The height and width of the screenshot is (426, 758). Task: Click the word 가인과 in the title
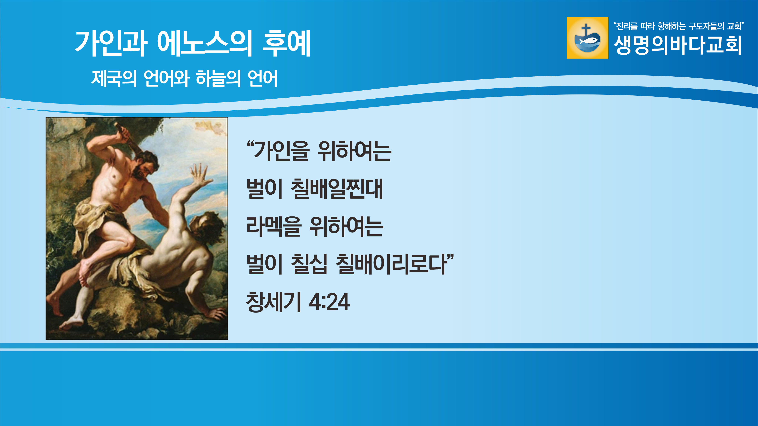111,43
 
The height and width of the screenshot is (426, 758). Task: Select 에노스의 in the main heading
205,43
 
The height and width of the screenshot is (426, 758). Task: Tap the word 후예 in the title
286,43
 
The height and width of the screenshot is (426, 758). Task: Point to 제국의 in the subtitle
114,79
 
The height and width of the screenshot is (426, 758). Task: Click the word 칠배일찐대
337,189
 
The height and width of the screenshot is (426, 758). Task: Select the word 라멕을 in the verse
274,226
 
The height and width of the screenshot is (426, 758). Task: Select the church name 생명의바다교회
677,45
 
